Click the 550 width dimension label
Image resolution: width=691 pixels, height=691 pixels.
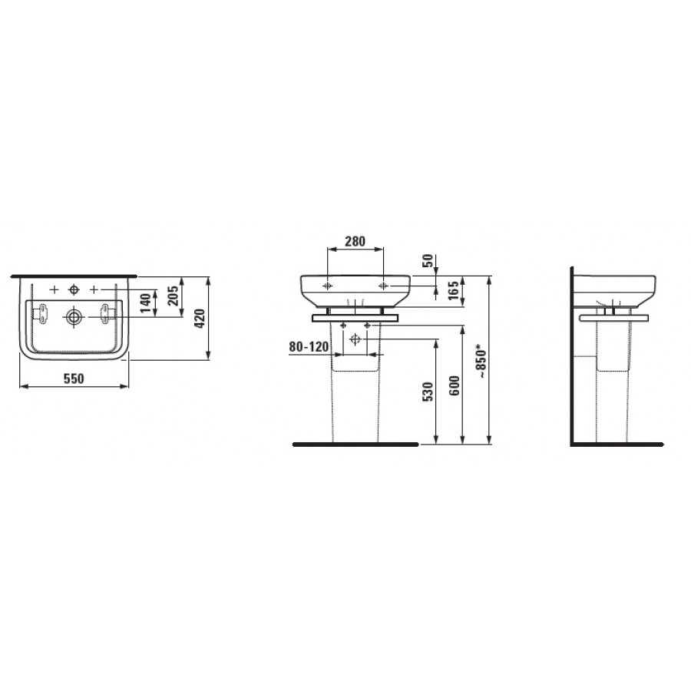pyautogui.click(x=74, y=379)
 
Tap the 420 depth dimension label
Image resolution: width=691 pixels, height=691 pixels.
pyautogui.click(x=200, y=318)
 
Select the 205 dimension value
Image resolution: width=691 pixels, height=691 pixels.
pyautogui.click(x=174, y=296)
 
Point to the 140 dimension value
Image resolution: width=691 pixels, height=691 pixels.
pyautogui.click(x=146, y=303)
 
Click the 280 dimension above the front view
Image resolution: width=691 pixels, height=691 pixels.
pyautogui.click(x=355, y=242)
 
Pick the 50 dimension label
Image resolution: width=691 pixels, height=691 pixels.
pyautogui.click(x=428, y=261)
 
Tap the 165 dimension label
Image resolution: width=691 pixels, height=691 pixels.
pyautogui.click(x=454, y=291)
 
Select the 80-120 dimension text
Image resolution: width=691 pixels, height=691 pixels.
pyautogui.click(x=309, y=347)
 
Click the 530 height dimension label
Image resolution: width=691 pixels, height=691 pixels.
pyautogui.click(x=428, y=392)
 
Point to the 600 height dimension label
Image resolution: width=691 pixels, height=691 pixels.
pyautogui.click(x=455, y=385)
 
